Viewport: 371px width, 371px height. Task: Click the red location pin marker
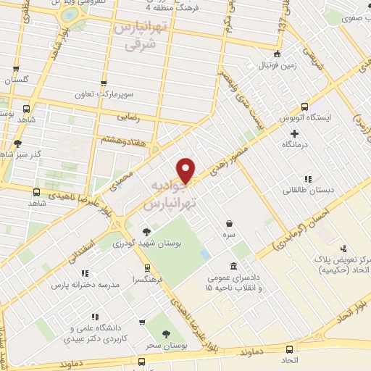187,170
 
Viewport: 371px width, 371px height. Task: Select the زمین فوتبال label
276,65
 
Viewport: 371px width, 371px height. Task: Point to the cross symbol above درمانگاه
294,133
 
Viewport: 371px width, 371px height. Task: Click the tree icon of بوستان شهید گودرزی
147,232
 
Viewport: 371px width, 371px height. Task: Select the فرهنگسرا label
147,279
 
